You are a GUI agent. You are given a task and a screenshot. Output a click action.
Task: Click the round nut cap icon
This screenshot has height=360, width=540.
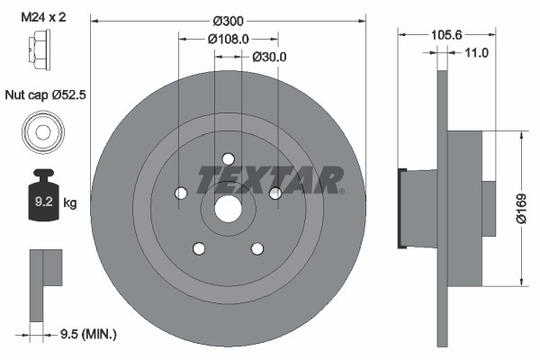[41, 132]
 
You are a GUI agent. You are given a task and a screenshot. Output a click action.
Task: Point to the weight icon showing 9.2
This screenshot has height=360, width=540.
[42, 198]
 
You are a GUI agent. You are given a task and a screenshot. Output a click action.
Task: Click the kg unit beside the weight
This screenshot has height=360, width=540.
[70, 203]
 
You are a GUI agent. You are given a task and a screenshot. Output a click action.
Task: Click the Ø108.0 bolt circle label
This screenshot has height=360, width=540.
[227, 39]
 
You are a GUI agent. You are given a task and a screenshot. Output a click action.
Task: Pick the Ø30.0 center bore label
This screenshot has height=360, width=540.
[268, 56]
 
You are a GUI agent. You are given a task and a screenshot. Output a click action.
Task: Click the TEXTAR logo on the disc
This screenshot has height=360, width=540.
[270, 179]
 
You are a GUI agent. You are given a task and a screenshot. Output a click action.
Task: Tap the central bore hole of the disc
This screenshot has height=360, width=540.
[228, 209]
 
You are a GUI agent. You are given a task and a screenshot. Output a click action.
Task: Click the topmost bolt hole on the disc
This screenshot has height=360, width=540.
[228, 158]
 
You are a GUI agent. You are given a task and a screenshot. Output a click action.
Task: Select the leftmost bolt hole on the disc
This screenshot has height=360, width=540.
[180, 193]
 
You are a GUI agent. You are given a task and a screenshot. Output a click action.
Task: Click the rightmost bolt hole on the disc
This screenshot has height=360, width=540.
[275, 193]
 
